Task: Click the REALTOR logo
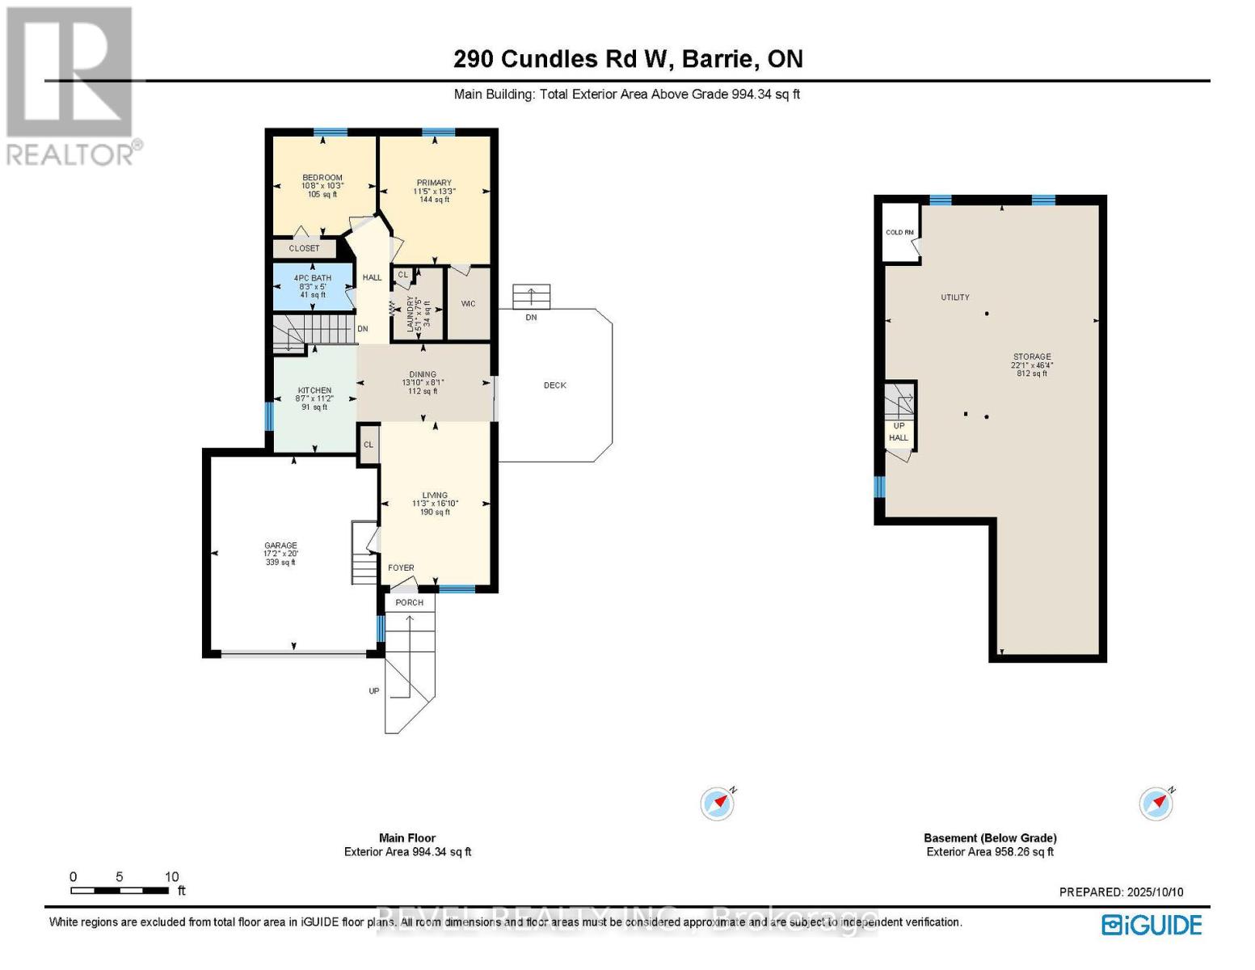pyautogui.click(x=71, y=85)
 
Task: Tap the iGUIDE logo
pyautogui.click(x=1152, y=925)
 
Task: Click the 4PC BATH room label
pyautogui.click(x=312, y=278)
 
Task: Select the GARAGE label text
pyautogui.click(x=281, y=546)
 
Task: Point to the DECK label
pyautogui.click(x=554, y=386)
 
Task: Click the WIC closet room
pyautogui.click(x=468, y=304)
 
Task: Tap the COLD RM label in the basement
pyautogui.click(x=899, y=233)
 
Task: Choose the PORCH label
pyautogui.click(x=410, y=602)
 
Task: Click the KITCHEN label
pyautogui.click(x=314, y=390)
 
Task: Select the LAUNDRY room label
pyautogui.click(x=411, y=315)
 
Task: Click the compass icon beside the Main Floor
pyautogui.click(x=718, y=804)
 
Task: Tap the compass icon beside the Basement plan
pyautogui.click(x=1156, y=804)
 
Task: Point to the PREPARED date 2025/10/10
pyautogui.click(x=1121, y=892)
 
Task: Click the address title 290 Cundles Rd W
pyautogui.click(x=627, y=59)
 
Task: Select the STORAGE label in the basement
pyautogui.click(x=1032, y=356)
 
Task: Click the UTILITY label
pyautogui.click(x=954, y=297)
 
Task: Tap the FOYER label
pyautogui.click(x=401, y=567)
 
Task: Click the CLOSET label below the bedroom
pyautogui.click(x=304, y=248)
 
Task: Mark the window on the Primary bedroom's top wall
pyautogui.click(x=438, y=133)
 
